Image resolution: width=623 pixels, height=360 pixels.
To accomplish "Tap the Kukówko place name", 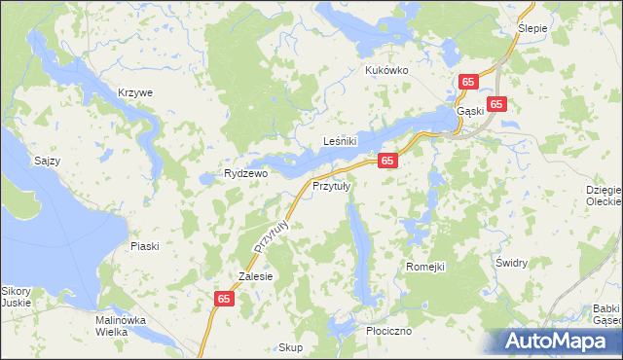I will [x=386, y=70].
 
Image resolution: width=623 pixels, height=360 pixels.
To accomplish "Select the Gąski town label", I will [x=470, y=110].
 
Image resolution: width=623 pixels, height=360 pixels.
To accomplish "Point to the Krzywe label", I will [x=135, y=92].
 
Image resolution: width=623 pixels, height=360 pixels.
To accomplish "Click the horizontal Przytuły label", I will [x=331, y=185].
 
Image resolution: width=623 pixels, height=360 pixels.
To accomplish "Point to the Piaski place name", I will [x=144, y=246].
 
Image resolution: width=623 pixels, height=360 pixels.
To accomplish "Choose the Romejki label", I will [x=424, y=266].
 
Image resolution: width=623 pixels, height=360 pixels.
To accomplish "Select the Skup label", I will [x=291, y=347].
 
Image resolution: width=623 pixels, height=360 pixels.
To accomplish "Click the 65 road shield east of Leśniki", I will [x=387, y=160].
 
